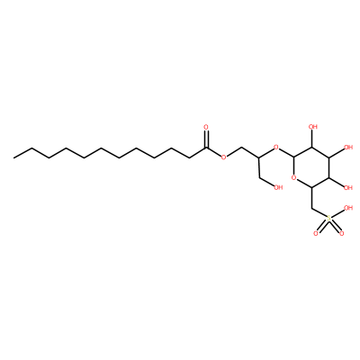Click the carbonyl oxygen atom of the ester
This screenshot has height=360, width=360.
(206, 127)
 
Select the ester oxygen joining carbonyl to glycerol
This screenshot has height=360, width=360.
(223, 157)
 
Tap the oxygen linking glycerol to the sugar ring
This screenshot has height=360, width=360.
(276, 148)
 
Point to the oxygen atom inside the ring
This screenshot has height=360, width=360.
(294, 178)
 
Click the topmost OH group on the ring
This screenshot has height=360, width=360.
(313, 127)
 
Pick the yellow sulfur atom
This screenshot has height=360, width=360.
(329, 218)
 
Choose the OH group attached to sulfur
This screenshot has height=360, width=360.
(348, 208)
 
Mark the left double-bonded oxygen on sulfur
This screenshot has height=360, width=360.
(316, 233)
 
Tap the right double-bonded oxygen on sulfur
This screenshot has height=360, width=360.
(342, 233)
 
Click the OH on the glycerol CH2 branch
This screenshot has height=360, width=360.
(278, 188)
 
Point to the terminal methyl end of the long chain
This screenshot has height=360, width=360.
(14, 157)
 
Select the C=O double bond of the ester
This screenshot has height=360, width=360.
(206, 139)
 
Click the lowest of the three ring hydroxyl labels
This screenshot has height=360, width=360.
(348, 188)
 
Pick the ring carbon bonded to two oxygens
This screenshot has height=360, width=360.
(294, 157)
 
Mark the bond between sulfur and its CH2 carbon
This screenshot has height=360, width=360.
(319, 212)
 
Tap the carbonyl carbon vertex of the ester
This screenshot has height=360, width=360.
(206, 148)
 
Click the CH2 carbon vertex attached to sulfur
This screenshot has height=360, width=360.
(312, 208)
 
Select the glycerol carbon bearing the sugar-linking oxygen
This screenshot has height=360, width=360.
(258, 157)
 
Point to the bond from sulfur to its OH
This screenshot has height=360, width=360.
(337, 213)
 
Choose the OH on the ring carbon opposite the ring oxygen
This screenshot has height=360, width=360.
(348, 148)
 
